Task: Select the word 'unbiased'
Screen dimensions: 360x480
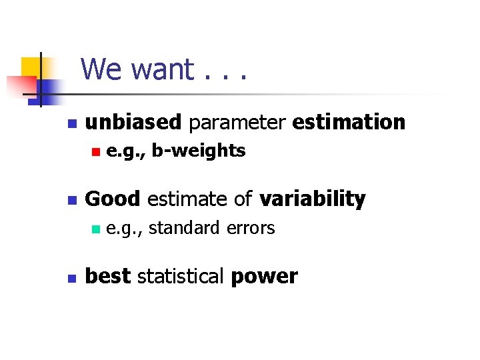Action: [133, 123]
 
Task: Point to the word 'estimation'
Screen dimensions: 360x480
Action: [349, 123]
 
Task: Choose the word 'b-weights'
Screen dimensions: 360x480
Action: [199, 151]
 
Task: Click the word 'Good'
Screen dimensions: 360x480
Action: [113, 199]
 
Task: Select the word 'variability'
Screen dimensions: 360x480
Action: [312, 199]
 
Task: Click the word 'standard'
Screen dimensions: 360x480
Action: [184, 229]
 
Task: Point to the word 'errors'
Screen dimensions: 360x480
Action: [250, 229]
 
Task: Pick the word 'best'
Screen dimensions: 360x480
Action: [108, 277]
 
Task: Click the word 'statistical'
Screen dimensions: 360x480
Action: [180, 277]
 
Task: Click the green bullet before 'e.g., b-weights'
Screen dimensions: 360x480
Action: [95, 153]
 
